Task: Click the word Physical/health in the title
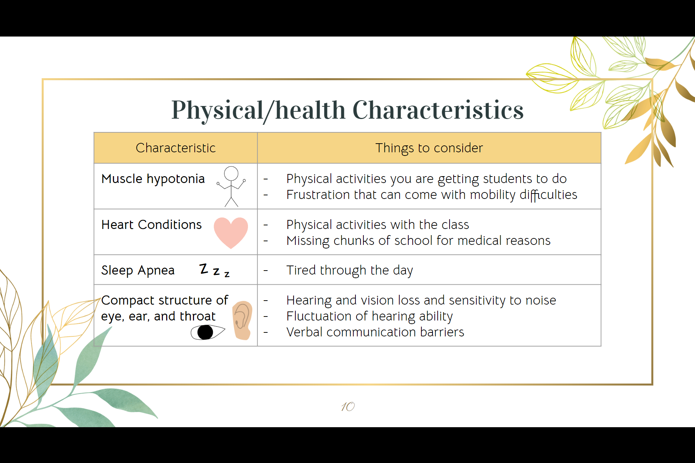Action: (258, 110)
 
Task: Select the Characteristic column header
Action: (176, 148)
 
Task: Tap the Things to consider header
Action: (429, 148)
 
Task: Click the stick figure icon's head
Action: (231, 173)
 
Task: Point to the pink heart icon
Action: (231, 232)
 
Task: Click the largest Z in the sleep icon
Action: (204, 268)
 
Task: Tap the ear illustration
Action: (242, 320)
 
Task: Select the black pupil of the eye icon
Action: (205, 332)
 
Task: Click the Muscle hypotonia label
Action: (153, 179)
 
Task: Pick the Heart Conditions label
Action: (151, 225)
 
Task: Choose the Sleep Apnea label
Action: (138, 270)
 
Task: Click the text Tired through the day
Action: (349, 270)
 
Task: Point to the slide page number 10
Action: (348, 407)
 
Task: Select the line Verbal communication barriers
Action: (375, 332)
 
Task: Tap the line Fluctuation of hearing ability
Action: (369, 316)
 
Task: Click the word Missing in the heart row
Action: (308, 241)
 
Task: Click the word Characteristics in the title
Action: (438, 110)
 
